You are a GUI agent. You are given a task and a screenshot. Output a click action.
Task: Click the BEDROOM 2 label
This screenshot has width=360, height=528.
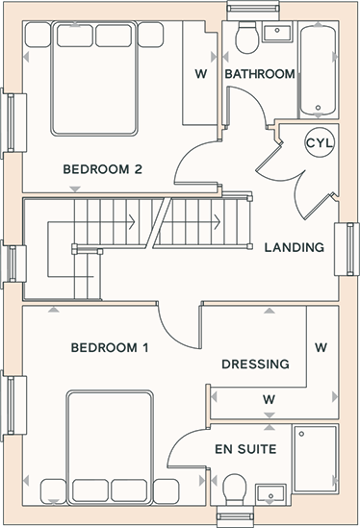click(x=103, y=169)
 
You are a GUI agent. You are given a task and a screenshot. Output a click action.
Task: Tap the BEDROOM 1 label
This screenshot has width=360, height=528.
click(x=110, y=347)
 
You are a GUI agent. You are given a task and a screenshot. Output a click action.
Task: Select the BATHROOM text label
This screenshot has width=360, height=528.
click(x=260, y=74)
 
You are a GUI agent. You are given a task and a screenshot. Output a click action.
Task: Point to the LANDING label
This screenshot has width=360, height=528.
click(x=295, y=247)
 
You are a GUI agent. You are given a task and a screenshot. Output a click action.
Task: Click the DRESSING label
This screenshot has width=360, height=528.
click(x=255, y=364)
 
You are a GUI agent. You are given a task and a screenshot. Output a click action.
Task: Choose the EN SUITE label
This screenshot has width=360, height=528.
click(x=245, y=449)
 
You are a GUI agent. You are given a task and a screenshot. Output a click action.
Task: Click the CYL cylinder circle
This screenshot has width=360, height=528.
click(x=320, y=142)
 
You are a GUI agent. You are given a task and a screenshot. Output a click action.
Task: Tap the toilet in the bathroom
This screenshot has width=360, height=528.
click(x=246, y=38)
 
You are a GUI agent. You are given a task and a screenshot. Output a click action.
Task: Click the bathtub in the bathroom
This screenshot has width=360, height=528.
click(x=318, y=70)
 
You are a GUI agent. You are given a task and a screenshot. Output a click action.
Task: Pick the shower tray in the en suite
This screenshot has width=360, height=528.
click(x=315, y=459)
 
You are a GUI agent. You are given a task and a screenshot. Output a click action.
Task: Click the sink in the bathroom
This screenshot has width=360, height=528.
click(x=277, y=34)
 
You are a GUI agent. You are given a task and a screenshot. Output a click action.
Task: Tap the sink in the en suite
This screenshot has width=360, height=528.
click(x=271, y=493)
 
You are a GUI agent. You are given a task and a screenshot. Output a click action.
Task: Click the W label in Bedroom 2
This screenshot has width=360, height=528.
click(x=201, y=74)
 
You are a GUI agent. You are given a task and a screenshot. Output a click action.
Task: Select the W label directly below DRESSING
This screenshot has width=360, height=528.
click(x=269, y=400)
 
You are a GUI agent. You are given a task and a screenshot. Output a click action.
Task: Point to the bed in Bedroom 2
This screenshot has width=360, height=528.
click(x=94, y=79)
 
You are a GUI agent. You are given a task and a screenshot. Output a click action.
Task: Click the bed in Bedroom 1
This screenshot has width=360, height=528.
click(x=110, y=448)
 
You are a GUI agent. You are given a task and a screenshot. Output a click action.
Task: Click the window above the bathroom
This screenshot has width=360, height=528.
click(x=253, y=11)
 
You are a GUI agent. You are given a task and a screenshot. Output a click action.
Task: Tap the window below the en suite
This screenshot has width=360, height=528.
click(x=235, y=516)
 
